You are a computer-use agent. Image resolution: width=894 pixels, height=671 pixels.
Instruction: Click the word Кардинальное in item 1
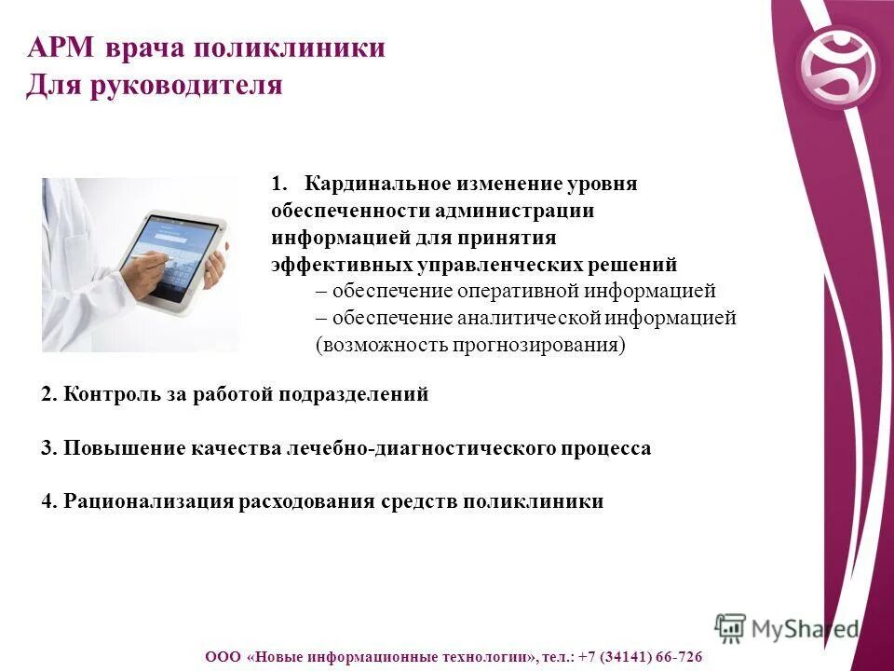coord(366,185)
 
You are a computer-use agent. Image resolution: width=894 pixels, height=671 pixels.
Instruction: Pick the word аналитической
coord(530,318)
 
